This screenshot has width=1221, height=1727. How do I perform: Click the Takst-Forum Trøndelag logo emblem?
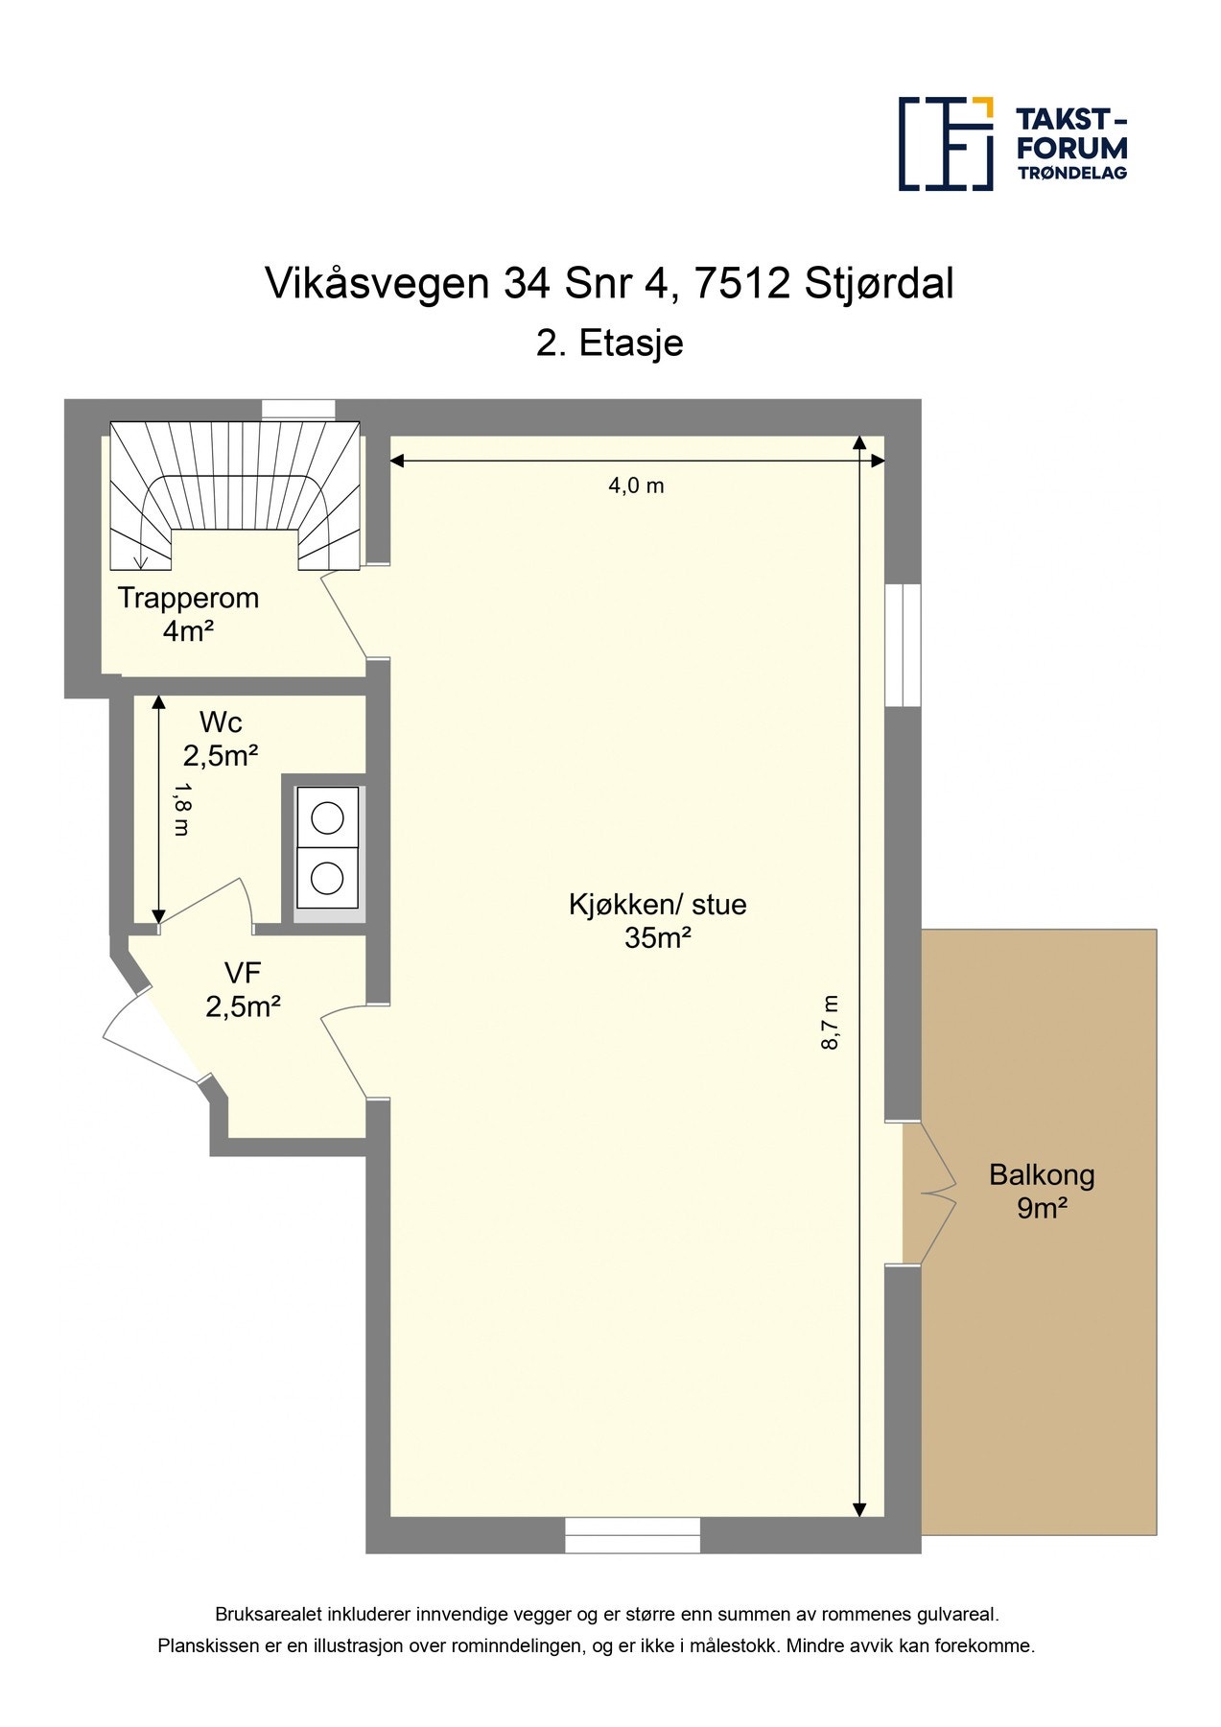click(x=945, y=143)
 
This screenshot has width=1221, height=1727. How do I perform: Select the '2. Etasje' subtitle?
click(x=609, y=343)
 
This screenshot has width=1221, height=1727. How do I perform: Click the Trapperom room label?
click(x=188, y=598)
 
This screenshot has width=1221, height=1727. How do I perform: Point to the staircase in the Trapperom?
click(x=235, y=494)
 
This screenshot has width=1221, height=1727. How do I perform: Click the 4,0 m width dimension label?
click(x=636, y=485)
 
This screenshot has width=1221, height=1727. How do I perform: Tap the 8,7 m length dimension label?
click(x=831, y=1022)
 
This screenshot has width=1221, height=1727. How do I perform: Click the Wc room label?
click(x=221, y=722)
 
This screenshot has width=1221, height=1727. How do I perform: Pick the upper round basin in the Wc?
click(x=328, y=817)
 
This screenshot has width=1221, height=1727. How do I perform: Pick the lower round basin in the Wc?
click(x=328, y=878)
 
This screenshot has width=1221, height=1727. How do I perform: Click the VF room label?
click(x=243, y=973)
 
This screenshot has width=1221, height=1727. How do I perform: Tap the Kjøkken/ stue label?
click(x=657, y=904)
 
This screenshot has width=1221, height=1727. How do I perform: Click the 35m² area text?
click(x=658, y=937)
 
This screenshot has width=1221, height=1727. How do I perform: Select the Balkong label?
click(x=1042, y=1175)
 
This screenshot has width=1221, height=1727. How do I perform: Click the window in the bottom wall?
click(x=632, y=1535)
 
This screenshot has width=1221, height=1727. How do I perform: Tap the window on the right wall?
click(x=903, y=645)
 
